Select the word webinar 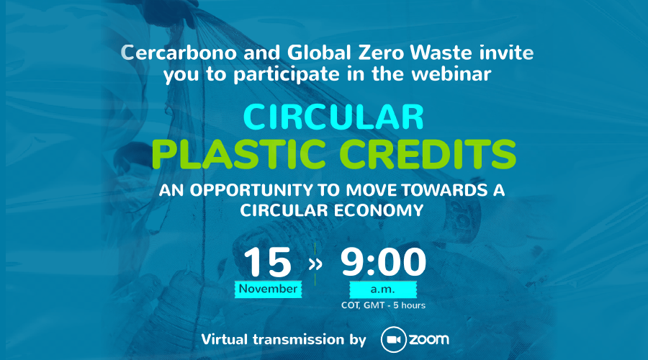tap(451, 74)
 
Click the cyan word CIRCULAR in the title tap(333, 117)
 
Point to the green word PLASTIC tap(239, 154)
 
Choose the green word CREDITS tap(428, 154)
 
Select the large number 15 tap(267, 262)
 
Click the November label tap(269, 289)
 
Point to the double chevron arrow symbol tap(315, 264)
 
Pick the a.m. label tap(383, 289)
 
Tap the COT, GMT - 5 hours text tap(383, 305)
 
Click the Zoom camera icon tap(393, 340)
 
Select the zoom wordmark tap(429, 340)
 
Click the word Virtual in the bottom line tap(225, 339)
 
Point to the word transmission tap(298, 339)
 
